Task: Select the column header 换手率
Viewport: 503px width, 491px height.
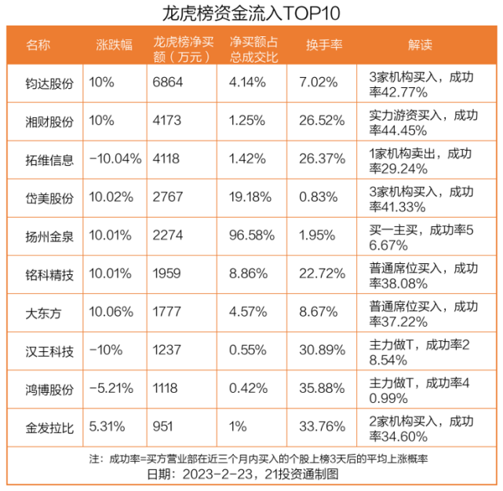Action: pos(323,45)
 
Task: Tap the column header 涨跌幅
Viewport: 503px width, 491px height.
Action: pos(112,45)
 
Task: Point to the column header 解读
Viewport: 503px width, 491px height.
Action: pos(420,45)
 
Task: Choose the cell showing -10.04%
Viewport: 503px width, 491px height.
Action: pos(115,159)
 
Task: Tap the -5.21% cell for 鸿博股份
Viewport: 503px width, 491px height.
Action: pos(111,390)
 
